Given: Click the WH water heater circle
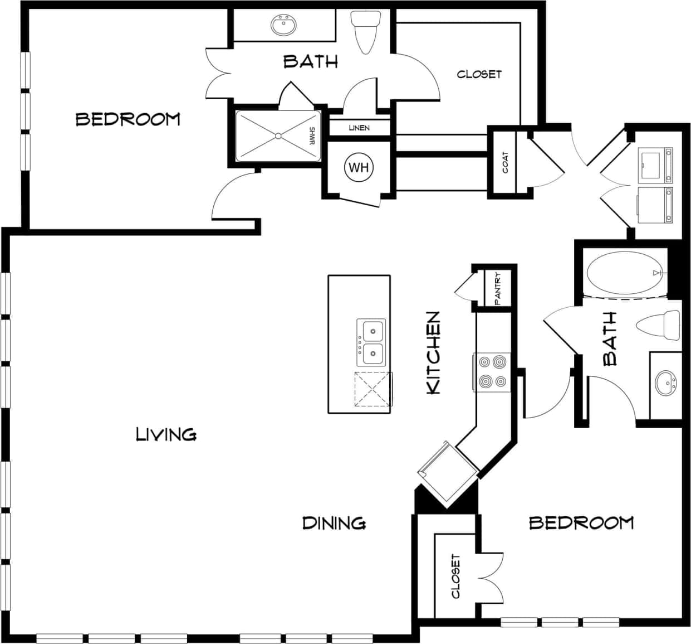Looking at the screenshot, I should pyautogui.click(x=359, y=167).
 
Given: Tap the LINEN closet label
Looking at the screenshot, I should pyautogui.click(x=359, y=128).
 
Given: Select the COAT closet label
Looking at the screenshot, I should pyautogui.click(x=505, y=163).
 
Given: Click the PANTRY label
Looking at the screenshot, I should pyautogui.click(x=498, y=288).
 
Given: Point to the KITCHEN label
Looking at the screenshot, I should pyautogui.click(x=433, y=353).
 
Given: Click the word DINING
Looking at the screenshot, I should pyautogui.click(x=334, y=523).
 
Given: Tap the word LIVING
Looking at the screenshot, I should pyautogui.click(x=166, y=434).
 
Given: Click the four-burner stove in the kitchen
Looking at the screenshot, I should pyautogui.click(x=493, y=372).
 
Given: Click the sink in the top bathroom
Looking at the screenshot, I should pyautogui.click(x=283, y=25).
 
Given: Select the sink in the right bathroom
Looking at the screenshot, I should pyautogui.click(x=665, y=383).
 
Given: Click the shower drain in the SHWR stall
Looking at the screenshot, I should pyautogui.click(x=278, y=136).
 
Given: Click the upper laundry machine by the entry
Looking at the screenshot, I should pyautogui.click(x=655, y=165).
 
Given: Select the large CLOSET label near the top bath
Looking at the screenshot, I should pyautogui.click(x=479, y=74).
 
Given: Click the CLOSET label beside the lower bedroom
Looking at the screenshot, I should pyautogui.click(x=456, y=576).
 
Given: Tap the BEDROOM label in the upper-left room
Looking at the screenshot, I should pyautogui.click(x=128, y=119).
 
